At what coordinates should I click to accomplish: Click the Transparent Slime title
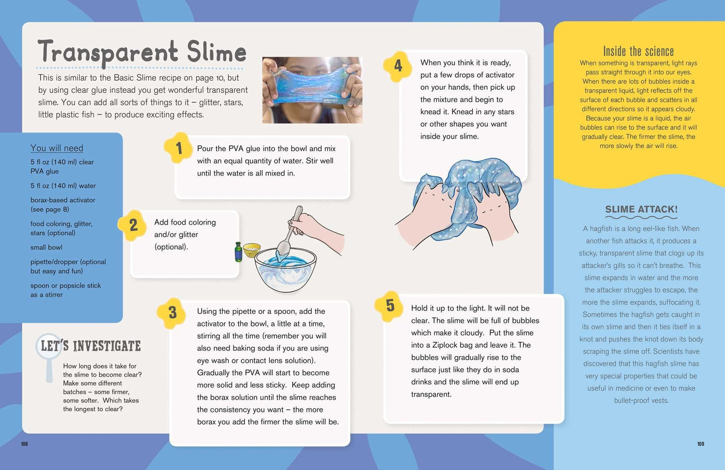point(142,52)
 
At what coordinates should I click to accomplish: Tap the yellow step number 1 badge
point(178,148)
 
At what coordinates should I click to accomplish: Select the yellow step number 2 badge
point(132,225)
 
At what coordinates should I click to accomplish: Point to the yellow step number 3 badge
point(172,313)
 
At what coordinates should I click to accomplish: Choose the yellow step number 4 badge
point(397,66)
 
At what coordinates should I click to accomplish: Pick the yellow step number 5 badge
point(390,306)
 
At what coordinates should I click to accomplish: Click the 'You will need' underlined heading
point(57,148)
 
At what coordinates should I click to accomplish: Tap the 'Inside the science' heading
point(638,51)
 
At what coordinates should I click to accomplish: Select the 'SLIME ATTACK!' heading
point(641,209)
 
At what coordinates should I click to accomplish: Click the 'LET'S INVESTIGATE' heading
point(91,346)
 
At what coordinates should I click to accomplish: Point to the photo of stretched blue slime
point(312,90)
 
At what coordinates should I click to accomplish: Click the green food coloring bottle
point(239,252)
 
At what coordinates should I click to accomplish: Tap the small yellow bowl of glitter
point(252,250)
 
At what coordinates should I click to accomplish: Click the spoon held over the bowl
point(290,231)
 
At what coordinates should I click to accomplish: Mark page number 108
point(24,444)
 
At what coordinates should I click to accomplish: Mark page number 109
point(701,444)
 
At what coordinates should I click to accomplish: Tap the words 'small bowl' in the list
point(46,247)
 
